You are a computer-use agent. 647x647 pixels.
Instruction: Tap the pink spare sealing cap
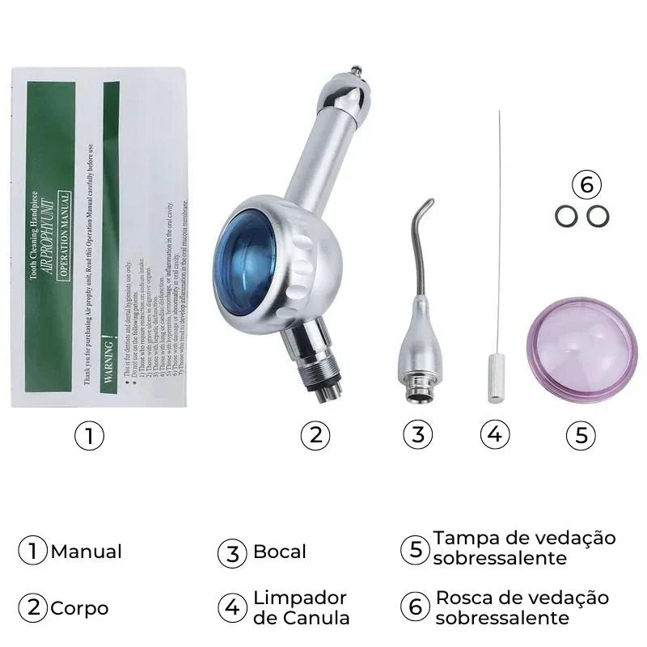(x=577, y=350)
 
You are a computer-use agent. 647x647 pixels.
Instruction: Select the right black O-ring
(x=596, y=216)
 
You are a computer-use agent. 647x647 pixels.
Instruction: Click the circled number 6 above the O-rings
(x=586, y=185)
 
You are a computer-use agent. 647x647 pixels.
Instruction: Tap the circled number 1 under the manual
(x=90, y=436)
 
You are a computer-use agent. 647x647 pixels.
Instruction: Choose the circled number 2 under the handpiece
(x=315, y=436)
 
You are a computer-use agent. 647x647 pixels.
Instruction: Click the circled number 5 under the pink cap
(x=581, y=436)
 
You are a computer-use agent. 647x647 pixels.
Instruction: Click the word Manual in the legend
(x=86, y=552)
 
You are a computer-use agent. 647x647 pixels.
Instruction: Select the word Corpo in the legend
(x=79, y=608)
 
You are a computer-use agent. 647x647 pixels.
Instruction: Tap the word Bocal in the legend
(x=280, y=552)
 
